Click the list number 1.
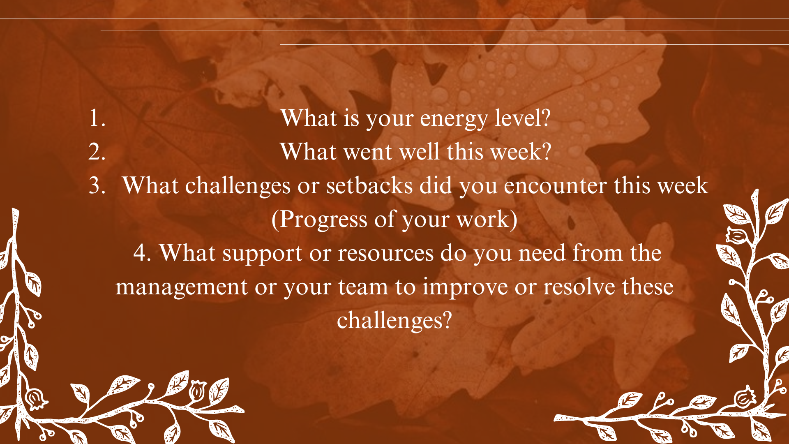click(x=97, y=118)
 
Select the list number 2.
click(x=97, y=152)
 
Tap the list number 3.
click(x=97, y=185)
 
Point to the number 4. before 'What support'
click(x=143, y=253)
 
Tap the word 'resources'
click(x=385, y=253)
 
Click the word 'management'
click(x=182, y=288)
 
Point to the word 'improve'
click(x=465, y=288)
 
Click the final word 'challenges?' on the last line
click(x=394, y=321)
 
